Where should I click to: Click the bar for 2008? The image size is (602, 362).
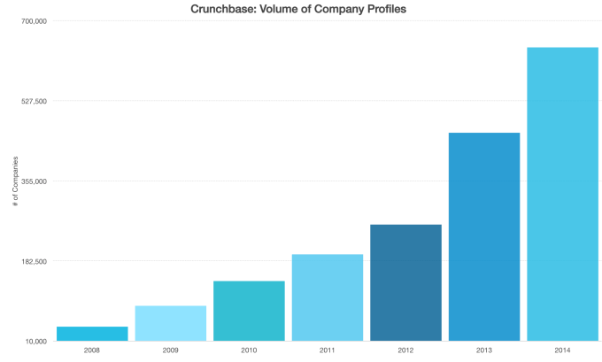pos(92,334)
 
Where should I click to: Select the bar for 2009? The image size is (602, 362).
pos(171,323)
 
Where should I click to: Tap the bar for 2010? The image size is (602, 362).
pos(249,311)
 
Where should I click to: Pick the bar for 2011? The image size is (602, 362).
pos(328,297)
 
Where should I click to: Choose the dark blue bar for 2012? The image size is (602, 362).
pos(405,282)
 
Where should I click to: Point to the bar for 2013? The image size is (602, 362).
pos(484,236)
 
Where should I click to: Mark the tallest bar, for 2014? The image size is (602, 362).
pos(562,194)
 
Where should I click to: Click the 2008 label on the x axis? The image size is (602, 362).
pos(92,350)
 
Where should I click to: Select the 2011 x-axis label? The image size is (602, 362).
pos(328,350)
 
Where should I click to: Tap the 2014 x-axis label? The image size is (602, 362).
pos(562,350)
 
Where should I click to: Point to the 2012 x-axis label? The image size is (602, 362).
pos(405,350)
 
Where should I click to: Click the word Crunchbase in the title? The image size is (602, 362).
pos(223,9)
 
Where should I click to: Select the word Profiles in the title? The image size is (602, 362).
pos(385,9)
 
